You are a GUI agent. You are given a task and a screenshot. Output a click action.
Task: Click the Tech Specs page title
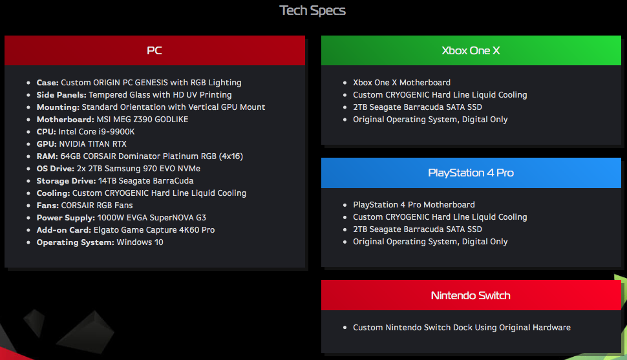click(312, 10)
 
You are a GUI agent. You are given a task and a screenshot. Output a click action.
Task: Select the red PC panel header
click(154, 50)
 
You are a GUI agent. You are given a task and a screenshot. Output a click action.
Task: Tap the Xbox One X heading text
click(471, 50)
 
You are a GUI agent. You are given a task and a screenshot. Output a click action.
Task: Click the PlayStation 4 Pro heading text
click(471, 173)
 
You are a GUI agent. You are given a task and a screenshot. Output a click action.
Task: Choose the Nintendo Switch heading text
click(471, 295)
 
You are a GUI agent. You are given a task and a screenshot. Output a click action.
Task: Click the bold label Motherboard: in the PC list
click(65, 119)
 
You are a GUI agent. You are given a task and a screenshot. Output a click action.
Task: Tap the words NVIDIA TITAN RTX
click(93, 144)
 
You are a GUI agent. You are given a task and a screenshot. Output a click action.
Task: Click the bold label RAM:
click(47, 156)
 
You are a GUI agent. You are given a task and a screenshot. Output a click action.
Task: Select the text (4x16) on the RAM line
click(231, 156)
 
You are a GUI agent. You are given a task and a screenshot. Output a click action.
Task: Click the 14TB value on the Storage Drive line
click(107, 181)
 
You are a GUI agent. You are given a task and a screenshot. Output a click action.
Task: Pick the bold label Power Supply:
click(65, 218)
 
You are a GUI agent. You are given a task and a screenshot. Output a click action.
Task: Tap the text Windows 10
click(140, 242)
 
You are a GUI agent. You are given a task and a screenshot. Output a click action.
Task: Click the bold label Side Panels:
click(61, 95)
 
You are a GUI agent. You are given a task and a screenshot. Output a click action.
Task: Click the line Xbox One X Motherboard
click(401, 82)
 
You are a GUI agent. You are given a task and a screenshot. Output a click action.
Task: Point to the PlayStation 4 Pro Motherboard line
click(414, 205)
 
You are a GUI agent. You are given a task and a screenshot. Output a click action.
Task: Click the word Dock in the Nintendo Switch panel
click(463, 327)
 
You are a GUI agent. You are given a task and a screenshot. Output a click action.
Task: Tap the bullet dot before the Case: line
click(28, 83)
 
